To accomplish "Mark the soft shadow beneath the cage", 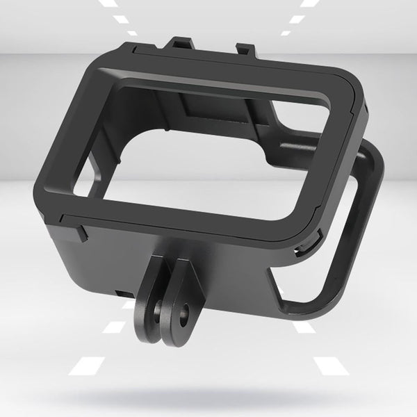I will pos(208,396).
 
